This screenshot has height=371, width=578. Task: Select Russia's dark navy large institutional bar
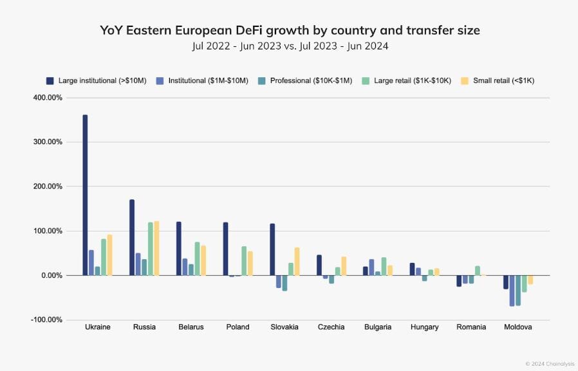tap(132, 237)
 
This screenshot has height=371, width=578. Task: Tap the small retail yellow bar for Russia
tap(156, 248)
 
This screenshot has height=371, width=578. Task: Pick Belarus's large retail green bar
tap(197, 258)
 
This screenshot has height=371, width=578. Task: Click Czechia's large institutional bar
tap(319, 265)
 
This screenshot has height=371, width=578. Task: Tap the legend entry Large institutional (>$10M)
tap(97, 81)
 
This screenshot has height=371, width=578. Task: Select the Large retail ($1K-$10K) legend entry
tap(406, 81)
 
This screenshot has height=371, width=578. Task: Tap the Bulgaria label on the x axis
tap(377, 327)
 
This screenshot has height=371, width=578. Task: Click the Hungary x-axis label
tap(424, 327)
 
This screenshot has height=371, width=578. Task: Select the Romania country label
tap(471, 327)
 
